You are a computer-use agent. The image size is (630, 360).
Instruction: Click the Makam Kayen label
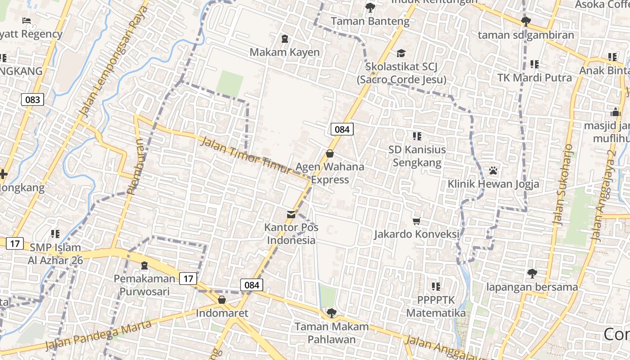click(x=284, y=52)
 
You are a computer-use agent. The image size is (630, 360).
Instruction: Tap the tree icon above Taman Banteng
click(x=370, y=7)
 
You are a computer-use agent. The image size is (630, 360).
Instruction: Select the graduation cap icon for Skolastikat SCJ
click(x=401, y=54)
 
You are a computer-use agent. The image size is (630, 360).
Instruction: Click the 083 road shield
click(x=33, y=99)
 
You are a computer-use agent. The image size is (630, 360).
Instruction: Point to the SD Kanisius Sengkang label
click(x=417, y=156)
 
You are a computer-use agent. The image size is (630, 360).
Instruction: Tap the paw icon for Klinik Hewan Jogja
click(x=493, y=171)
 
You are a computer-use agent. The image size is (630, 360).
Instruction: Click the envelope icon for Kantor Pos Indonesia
click(x=291, y=214)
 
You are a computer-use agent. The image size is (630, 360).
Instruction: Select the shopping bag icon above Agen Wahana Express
click(x=330, y=153)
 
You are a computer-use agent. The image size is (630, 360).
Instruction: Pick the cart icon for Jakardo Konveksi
click(x=417, y=221)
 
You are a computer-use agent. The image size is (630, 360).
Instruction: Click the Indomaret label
click(x=222, y=313)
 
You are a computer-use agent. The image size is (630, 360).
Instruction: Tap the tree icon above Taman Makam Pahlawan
click(x=332, y=313)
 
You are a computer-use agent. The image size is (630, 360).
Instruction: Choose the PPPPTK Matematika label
click(x=436, y=306)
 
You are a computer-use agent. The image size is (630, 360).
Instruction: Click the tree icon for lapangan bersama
click(x=532, y=273)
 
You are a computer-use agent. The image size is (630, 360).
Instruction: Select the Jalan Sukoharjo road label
click(x=563, y=184)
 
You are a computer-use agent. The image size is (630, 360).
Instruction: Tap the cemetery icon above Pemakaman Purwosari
click(x=144, y=265)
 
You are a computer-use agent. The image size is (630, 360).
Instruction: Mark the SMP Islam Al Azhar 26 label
click(x=55, y=254)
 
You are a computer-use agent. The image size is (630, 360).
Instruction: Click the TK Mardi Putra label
click(x=535, y=77)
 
